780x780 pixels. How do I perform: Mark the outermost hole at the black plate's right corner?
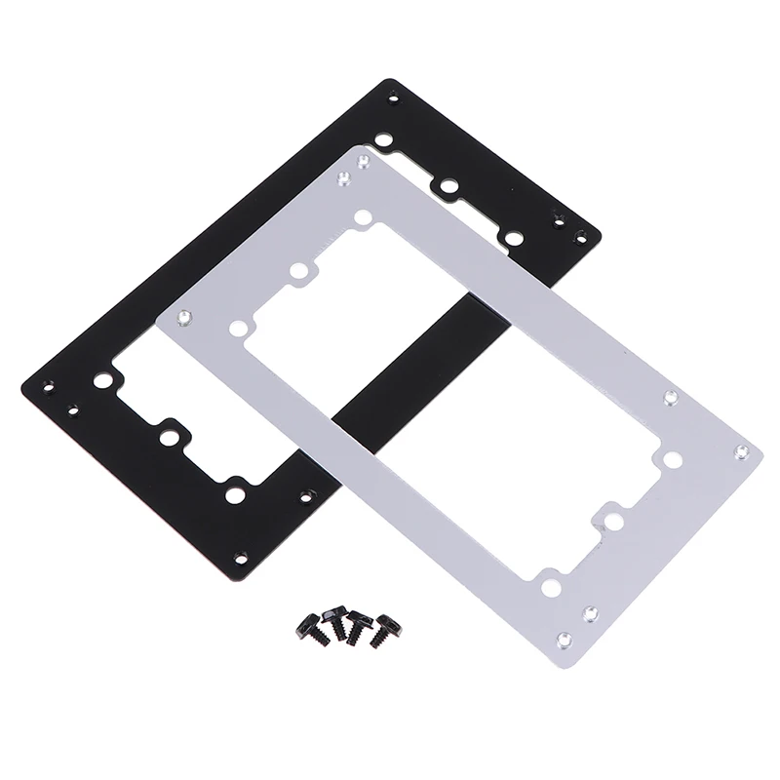pos(582,236)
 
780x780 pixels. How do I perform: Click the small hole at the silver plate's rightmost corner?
pos(744,452)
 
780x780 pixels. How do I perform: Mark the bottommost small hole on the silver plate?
pos(563,639)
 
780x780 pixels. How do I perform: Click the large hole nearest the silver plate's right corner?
pos(671,457)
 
